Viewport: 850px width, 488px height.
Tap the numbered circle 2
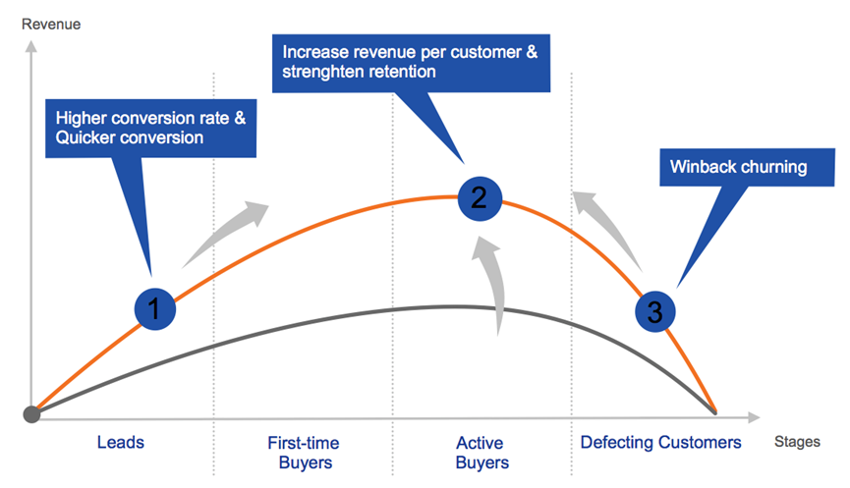[479, 198]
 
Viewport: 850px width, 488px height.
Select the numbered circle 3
[654, 311]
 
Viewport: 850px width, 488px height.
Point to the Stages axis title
[796, 442]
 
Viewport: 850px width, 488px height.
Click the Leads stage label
[121, 442]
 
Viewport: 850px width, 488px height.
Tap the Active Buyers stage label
[482, 452]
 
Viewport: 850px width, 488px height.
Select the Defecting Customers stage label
[660, 442]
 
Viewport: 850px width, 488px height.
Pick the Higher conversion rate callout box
[150, 128]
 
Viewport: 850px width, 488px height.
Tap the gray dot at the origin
[32, 413]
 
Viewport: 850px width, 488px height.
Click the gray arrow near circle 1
[226, 232]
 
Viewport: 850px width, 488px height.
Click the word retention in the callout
[399, 72]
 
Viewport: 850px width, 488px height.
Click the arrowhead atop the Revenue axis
[32, 45]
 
